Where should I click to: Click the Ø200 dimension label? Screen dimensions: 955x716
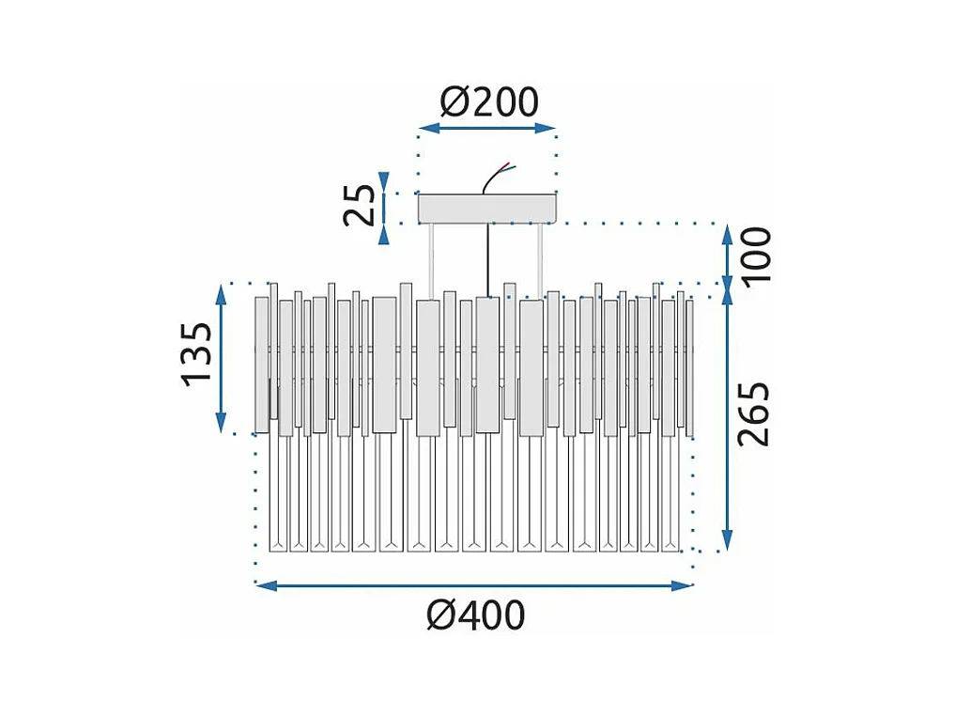click(x=489, y=101)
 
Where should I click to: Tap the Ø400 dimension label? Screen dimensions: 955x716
click(x=476, y=615)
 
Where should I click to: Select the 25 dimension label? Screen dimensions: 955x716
click(x=360, y=205)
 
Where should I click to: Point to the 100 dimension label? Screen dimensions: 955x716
click(x=755, y=255)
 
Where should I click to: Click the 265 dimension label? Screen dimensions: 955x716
click(x=754, y=414)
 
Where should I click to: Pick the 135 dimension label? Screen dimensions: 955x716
click(x=196, y=354)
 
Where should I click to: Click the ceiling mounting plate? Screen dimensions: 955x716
click(x=487, y=209)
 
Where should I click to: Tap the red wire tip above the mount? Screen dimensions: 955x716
click(x=507, y=163)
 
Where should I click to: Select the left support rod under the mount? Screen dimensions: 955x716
click(x=432, y=261)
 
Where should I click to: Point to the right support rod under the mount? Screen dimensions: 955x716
click(x=540, y=261)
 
